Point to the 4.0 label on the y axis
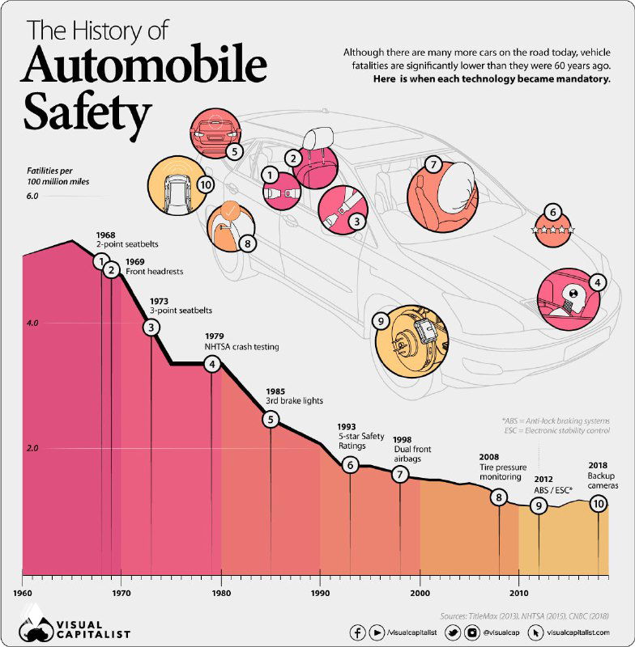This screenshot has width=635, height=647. click(x=32, y=323)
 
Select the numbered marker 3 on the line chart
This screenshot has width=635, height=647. click(x=151, y=328)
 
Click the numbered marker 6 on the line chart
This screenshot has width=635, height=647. click(x=350, y=465)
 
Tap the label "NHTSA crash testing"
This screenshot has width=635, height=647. click(x=241, y=346)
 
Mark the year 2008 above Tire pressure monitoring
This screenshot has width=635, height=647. click(x=490, y=456)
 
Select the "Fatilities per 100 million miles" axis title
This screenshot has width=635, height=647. click(x=56, y=177)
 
